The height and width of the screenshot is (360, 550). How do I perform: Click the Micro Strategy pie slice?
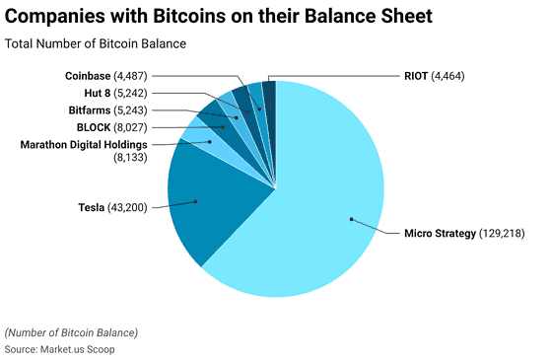[315, 217]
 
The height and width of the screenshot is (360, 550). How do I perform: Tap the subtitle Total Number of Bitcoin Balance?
[96, 44]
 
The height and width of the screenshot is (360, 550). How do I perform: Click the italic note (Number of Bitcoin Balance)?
[71, 332]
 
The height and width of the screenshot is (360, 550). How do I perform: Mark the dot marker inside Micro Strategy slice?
[350, 220]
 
